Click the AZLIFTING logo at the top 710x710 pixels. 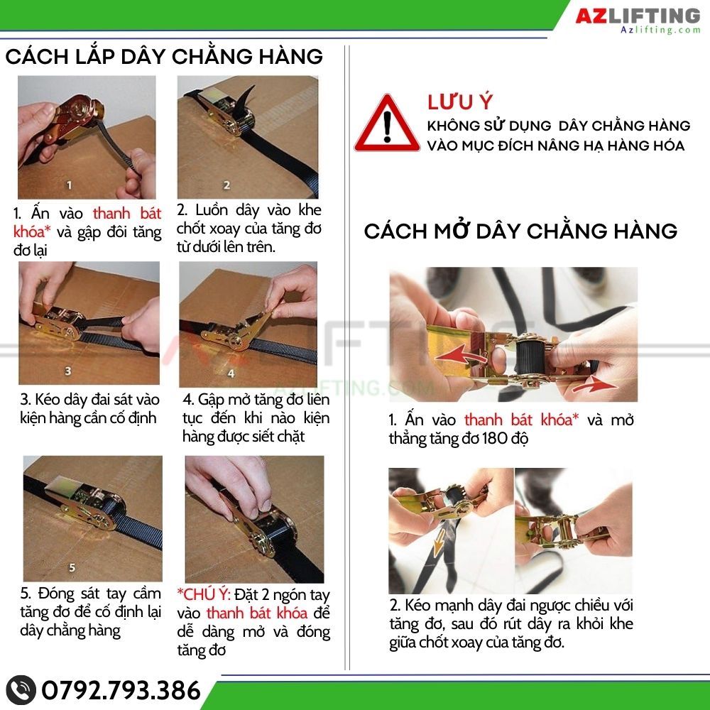click(637, 16)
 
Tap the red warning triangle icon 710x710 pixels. click(386, 125)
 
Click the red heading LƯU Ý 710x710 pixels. click(459, 102)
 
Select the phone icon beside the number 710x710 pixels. click(22, 689)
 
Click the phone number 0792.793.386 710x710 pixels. click(121, 689)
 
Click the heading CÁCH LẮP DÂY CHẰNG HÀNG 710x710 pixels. click(164, 56)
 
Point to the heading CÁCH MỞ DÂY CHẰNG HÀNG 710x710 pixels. click(520, 231)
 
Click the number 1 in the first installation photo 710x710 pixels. click(69, 185)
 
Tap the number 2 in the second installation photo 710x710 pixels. click(226, 185)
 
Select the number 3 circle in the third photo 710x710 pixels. click(68, 370)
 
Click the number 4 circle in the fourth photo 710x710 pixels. click(230, 372)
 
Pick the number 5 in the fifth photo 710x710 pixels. click(71, 567)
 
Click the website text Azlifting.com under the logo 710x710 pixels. click(660, 30)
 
